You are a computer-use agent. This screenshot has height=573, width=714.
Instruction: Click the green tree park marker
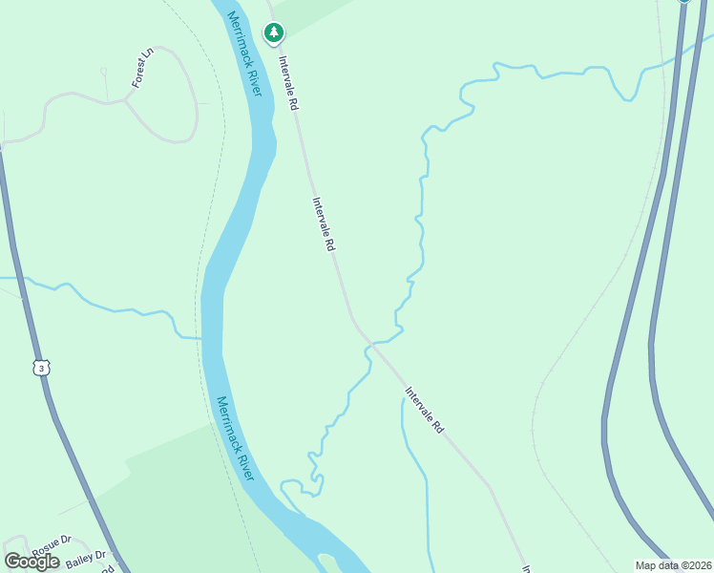point(274,33)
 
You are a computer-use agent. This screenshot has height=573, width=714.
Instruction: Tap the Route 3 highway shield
point(39,368)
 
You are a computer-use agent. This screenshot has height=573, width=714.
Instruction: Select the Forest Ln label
point(142,68)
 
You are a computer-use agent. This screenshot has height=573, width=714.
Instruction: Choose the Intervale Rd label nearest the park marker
point(288,83)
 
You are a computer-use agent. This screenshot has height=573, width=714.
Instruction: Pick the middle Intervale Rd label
point(324,224)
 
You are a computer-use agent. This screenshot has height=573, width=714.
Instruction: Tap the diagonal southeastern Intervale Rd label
point(424,410)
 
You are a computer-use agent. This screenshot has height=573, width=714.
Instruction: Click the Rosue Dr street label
point(52,546)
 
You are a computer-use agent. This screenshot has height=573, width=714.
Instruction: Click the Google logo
point(32,562)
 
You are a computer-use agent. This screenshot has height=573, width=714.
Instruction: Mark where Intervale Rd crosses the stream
point(370,342)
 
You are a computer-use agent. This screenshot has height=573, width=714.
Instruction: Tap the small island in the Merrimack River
point(328,560)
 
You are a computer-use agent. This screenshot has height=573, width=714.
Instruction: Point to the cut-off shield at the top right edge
point(683,2)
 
